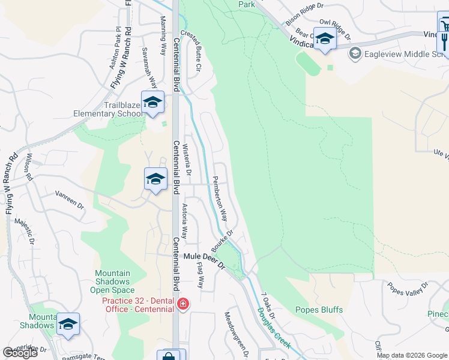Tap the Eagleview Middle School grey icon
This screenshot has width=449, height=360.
[x=355, y=54]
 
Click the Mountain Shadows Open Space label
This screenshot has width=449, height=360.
[x=112, y=281]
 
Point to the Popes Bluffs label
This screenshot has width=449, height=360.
[x=319, y=310]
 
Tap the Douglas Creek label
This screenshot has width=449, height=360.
[x=274, y=328]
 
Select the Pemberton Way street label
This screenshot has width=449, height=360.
[x=220, y=197]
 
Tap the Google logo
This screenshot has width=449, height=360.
[x=20, y=353]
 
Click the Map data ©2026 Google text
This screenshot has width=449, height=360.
[x=412, y=355]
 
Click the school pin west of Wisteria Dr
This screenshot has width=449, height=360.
[x=155, y=179]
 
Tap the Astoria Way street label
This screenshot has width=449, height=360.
[x=188, y=222]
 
